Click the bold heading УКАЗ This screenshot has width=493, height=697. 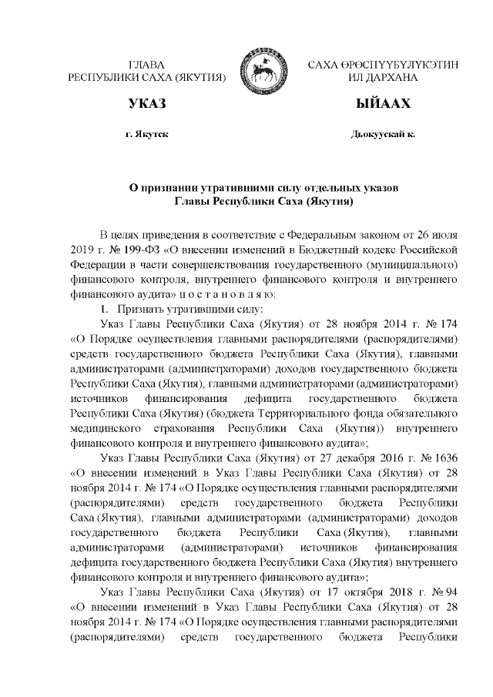click(147, 103)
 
